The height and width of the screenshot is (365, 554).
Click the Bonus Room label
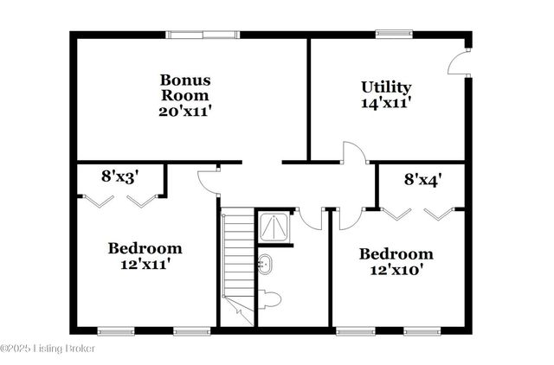(x=184, y=87)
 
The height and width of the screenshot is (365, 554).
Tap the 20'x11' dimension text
(x=184, y=111)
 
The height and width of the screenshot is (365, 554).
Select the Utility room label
(x=385, y=87)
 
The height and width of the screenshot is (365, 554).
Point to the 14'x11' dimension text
(x=385, y=103)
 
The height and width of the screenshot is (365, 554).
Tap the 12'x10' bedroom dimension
(x=396, y=271)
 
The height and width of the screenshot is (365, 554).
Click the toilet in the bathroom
(x=270, y=300)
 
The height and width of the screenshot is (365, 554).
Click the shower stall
(x=274, y=227)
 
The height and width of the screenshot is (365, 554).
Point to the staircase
(x=235, y=259)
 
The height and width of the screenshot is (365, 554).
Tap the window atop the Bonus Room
(x=203, y=35)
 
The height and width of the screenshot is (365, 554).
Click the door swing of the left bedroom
(x=209, y=180)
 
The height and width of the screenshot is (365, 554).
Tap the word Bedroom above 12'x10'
(x=396, y=254)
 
